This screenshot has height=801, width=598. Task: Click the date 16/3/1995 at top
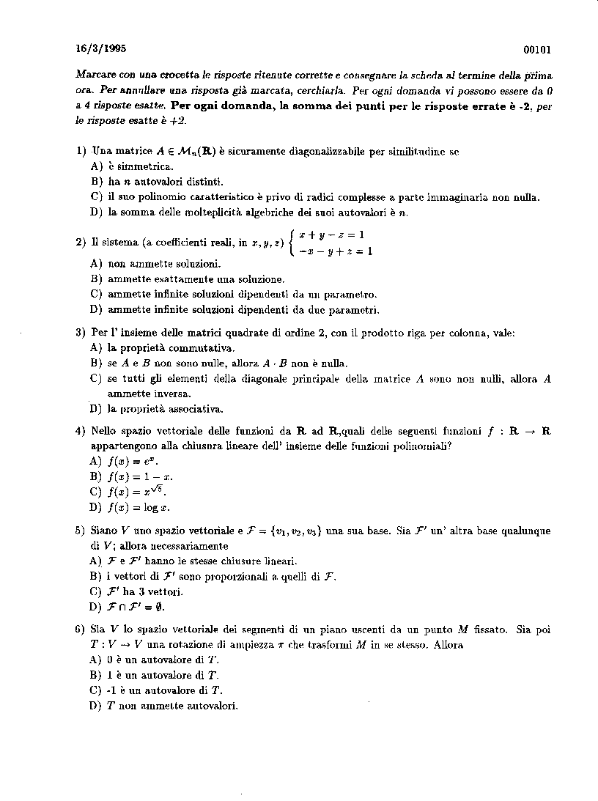pos(100,49)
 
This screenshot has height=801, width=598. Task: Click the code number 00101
pos(537,50)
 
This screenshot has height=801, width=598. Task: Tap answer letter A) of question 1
pos(95,166)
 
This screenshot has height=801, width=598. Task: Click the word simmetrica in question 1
pos(141,166)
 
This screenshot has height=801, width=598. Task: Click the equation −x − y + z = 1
pos(336,251)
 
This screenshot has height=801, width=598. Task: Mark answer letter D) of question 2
pos(95,309)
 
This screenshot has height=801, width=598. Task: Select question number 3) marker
pos(81,333)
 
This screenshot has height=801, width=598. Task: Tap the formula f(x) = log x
pos(139,507)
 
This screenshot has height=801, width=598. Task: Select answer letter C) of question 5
pos(95,591)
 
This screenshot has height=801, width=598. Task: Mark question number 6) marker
pos(81,630)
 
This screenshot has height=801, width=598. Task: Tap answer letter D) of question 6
pos(95,706)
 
